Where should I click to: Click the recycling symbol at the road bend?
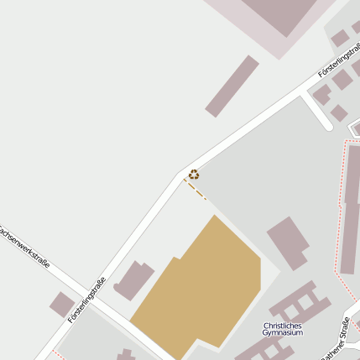point(194,175)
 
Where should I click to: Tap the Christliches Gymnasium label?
point(283,329)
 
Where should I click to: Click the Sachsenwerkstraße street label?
point(26,246)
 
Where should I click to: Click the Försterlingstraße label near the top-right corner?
point(339,62)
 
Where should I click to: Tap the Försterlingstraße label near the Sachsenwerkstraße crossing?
point(87,300)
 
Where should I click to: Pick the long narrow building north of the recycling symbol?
point(232,86)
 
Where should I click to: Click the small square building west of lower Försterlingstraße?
point(61,304)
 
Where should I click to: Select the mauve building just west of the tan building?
point(134,279)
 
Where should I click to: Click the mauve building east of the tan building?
point(288,242)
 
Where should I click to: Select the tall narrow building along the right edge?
point(350,210)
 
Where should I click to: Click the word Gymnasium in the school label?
point(283,333)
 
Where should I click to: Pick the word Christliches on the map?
point(283,325)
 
